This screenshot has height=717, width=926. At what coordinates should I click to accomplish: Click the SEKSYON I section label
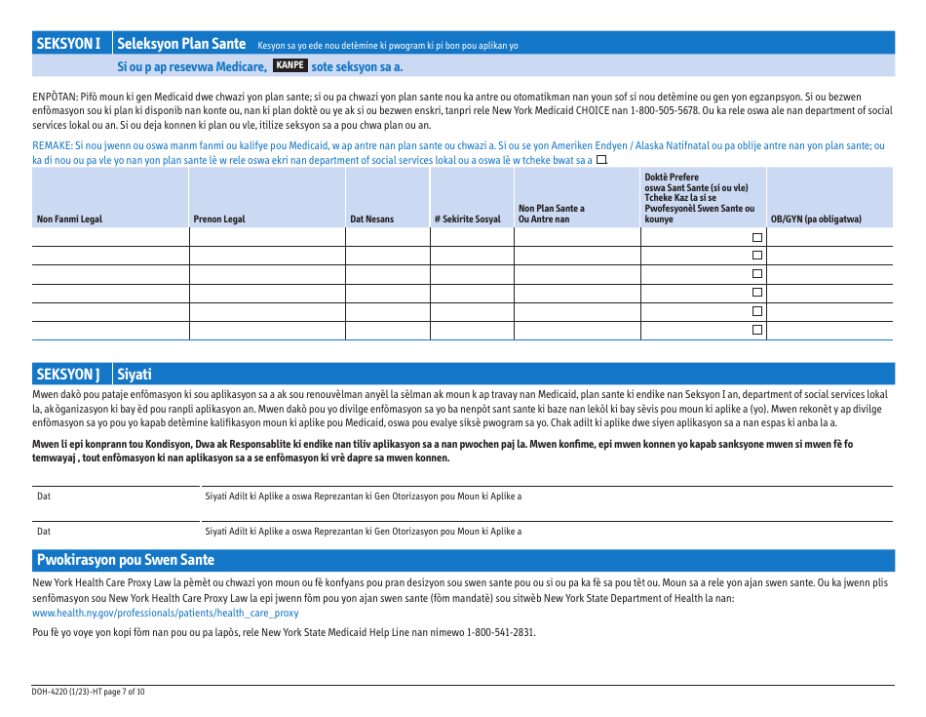(x=68, y=43)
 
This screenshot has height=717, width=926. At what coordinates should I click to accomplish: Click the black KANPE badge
(x=290, y=65)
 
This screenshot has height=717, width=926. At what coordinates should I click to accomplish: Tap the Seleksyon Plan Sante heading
(x=181, y=43)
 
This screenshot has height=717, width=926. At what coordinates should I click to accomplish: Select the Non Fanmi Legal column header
(x=69, y=219)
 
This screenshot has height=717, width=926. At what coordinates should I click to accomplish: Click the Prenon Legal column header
(x=219, y=219)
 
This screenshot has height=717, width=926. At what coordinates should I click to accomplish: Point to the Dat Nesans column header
(x=372, y=219)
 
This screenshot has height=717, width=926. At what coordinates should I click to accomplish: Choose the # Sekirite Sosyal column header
(x=468, y=219)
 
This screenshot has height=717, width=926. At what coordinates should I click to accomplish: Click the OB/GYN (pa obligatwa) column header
(x=816, y=219)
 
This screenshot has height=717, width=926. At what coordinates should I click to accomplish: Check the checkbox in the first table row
(x=756, y=238)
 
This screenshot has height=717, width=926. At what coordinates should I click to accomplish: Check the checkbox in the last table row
(x=756, y=331)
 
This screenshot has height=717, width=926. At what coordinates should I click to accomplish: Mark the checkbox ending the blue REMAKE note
(x=601, y=159)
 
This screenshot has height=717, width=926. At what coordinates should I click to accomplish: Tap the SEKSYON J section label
(x=68, y=375)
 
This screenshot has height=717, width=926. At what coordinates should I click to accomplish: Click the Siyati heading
(x=135, y=375)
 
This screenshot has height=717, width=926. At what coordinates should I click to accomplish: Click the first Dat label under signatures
(x=44, y=497)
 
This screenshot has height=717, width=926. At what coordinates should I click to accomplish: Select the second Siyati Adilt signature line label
(x=363, y=532)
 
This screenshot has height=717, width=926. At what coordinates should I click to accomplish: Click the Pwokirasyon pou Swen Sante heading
(x=125, y=560)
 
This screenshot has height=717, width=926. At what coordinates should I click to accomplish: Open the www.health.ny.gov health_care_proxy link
(x=166, y=614)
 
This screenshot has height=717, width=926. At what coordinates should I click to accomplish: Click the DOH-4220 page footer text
(x=89, y=692)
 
